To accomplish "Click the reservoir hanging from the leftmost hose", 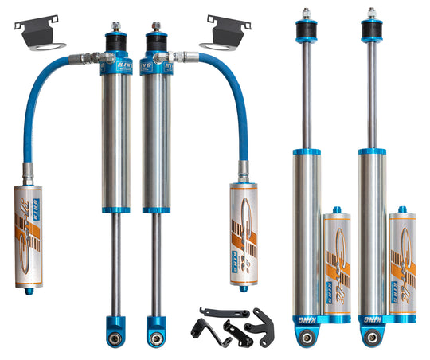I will click(x=30, y=235).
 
